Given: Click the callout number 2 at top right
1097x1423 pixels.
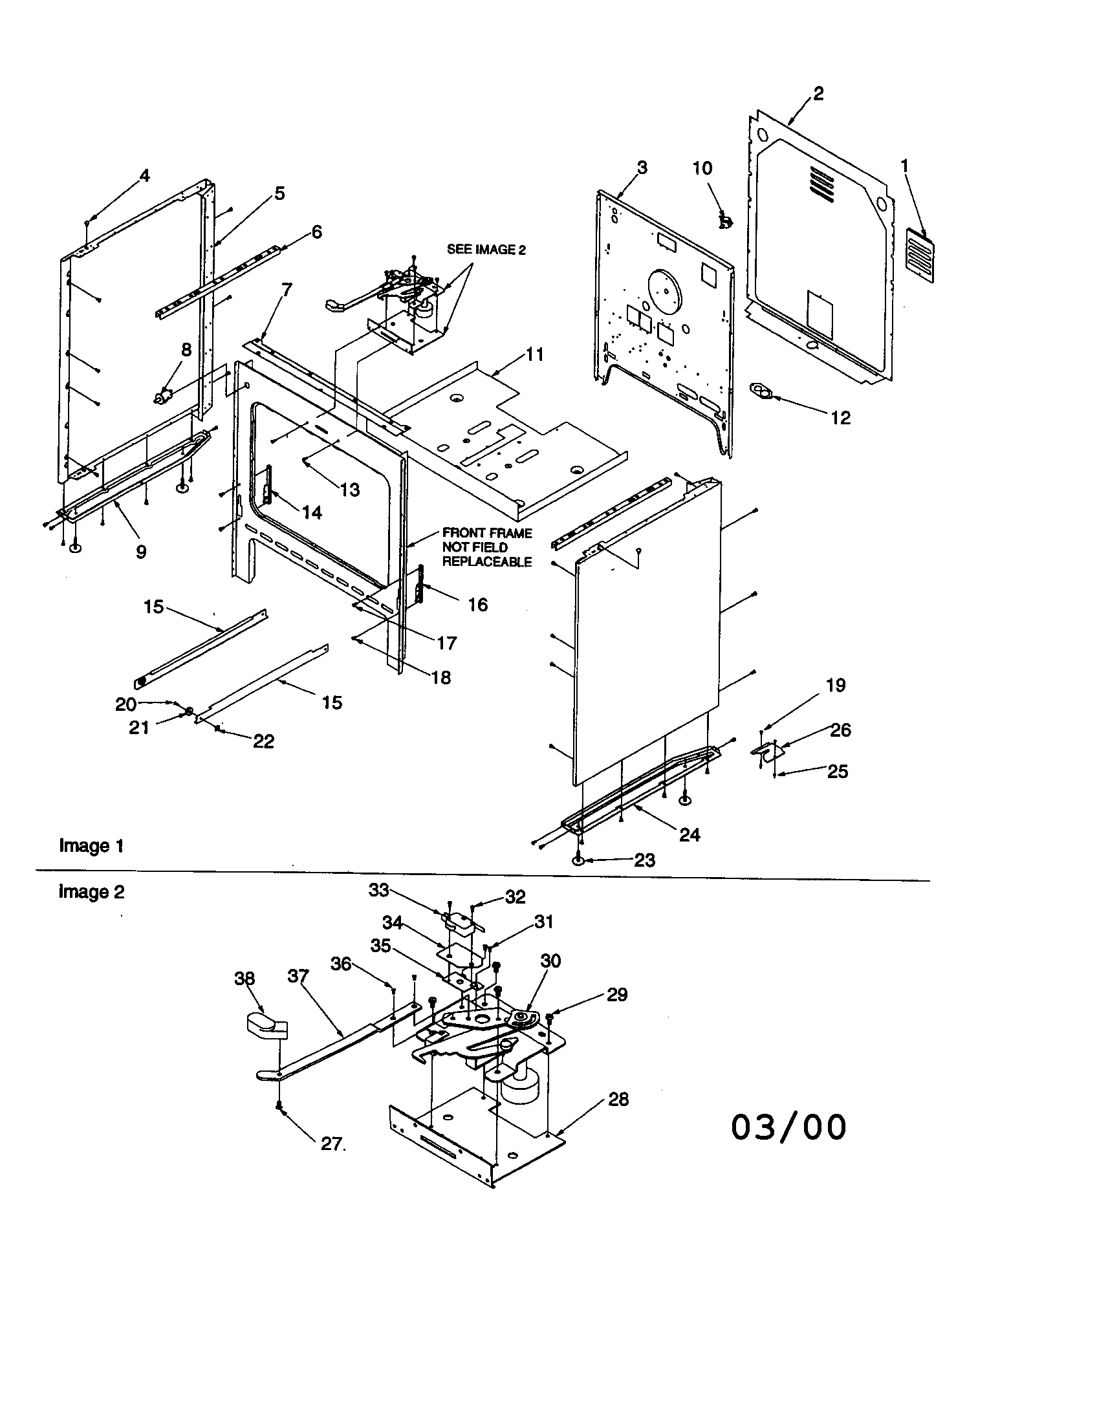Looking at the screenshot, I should [x=818, y=94].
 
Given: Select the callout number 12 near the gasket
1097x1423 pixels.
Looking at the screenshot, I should [x=840, y=418].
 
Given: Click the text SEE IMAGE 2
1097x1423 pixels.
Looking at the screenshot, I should [x=485, y=250].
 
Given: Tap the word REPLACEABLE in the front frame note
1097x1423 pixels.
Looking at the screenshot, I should [x=486, y=561].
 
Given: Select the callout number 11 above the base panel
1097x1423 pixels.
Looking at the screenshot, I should [x=535, y=354].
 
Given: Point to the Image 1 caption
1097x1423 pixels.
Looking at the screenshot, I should [x=91, y=846].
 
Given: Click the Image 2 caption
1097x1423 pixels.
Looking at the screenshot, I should [x=91, y=891].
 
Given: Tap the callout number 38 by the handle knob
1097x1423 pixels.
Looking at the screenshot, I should [x=244, y=979].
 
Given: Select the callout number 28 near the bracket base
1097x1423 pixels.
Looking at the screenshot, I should [x=618, y=1100].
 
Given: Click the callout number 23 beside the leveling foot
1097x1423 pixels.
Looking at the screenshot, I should [x=644, y=860].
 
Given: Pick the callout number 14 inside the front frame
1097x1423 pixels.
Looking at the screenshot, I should [x=312, y=513].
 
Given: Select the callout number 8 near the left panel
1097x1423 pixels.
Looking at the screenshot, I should [x=186, y=350].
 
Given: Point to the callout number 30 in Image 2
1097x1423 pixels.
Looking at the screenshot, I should [x=550, y=961].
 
